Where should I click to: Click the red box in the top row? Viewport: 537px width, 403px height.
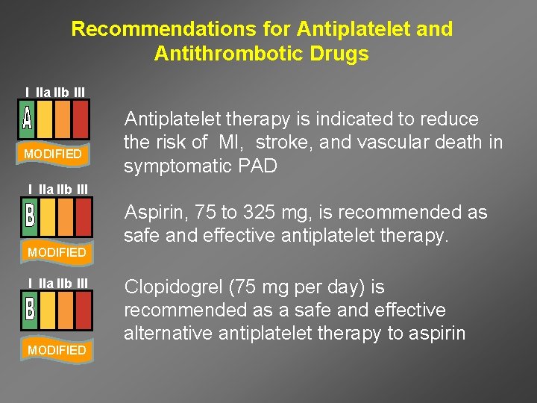tap(81, 119)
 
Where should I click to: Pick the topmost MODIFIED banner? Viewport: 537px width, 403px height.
tap(53, 154)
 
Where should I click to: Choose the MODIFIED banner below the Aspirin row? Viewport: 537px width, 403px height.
tap(57, 252)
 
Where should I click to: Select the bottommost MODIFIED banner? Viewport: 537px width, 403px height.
tap(57, 350)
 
